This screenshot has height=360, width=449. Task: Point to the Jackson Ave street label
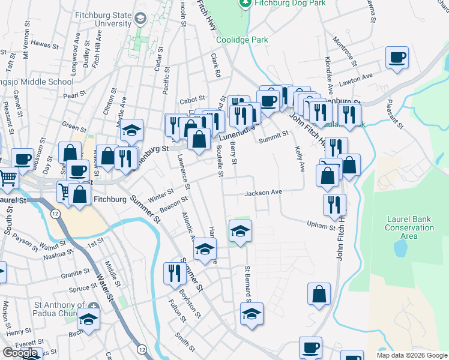(x=263, y=193)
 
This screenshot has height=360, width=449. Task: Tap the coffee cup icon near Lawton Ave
(x=397, y=58)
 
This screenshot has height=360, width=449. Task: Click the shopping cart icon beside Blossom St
(x=8, y=176)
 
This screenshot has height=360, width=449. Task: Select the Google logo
(x=20, y=353)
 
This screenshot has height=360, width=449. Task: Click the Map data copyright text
(x=411, y=355)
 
